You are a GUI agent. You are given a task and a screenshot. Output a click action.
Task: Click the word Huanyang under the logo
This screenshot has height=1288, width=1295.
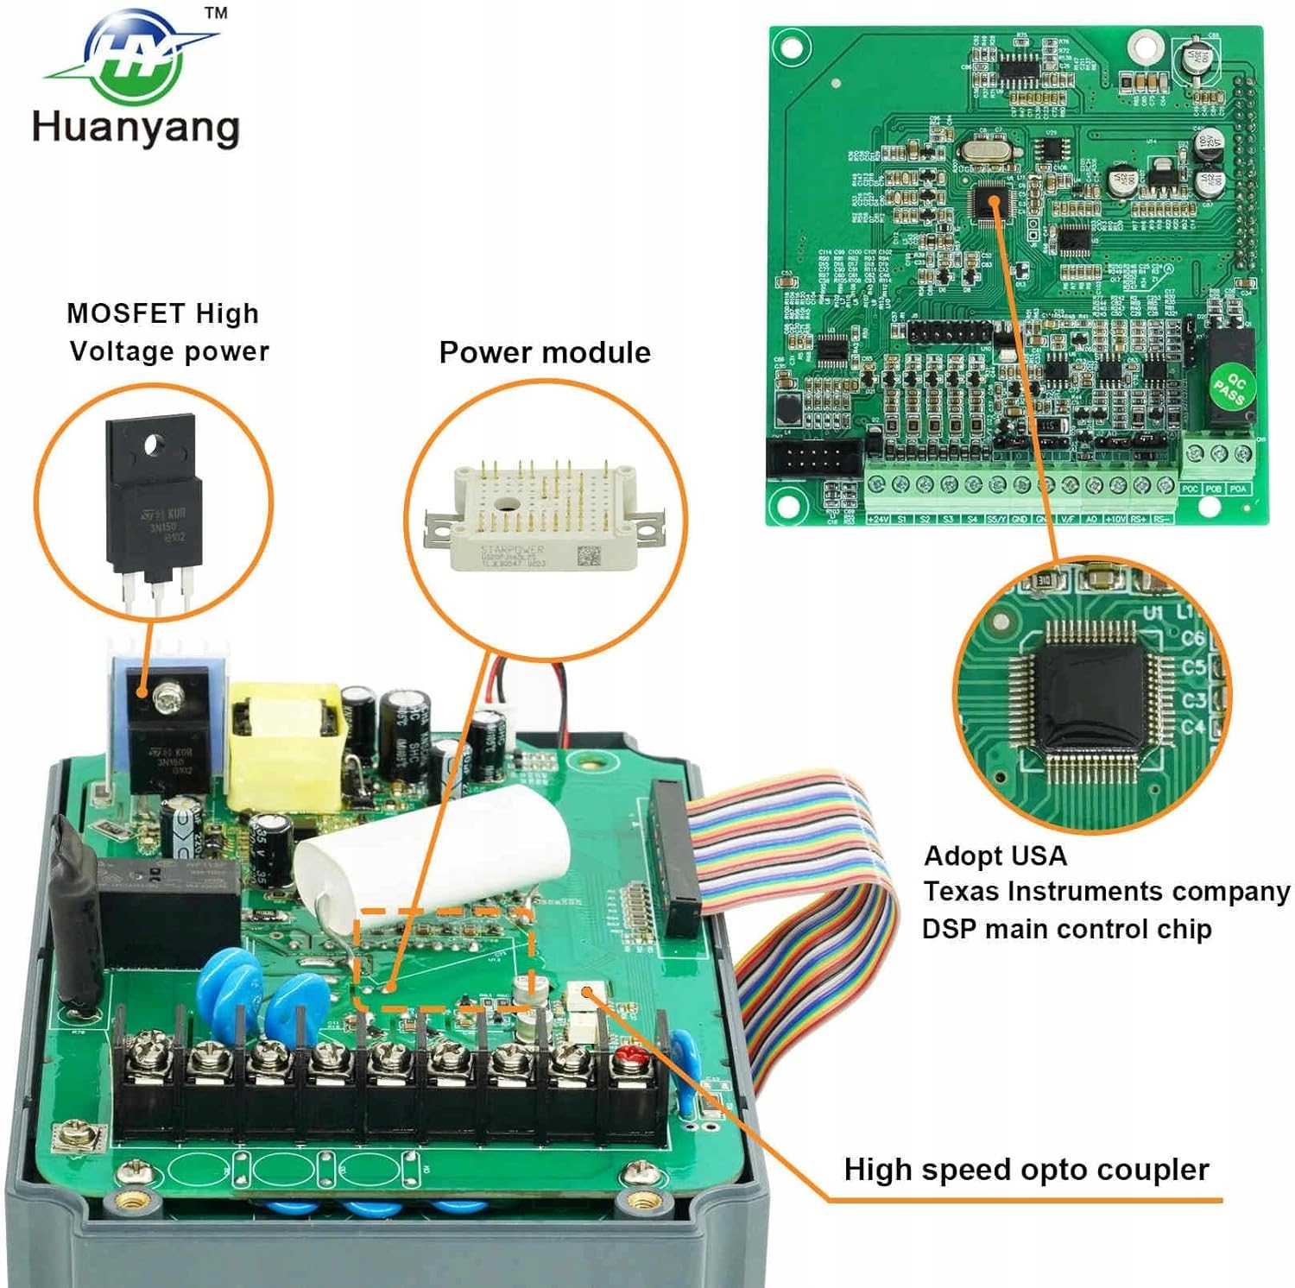click(x=136, y=127)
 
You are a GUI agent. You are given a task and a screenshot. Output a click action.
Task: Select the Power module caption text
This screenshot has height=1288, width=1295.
click(x=545, y=352)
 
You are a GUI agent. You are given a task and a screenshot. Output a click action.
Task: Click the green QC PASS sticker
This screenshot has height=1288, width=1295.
click(x=1229, y=388)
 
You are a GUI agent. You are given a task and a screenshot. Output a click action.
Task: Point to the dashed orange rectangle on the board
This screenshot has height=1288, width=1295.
click(x=444, y=958)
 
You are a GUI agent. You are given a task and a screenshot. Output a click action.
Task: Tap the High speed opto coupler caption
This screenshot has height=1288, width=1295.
click(x=1026, y=1170)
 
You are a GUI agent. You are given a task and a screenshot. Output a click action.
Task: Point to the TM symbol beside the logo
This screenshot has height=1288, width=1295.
click(x=216, y=13)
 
